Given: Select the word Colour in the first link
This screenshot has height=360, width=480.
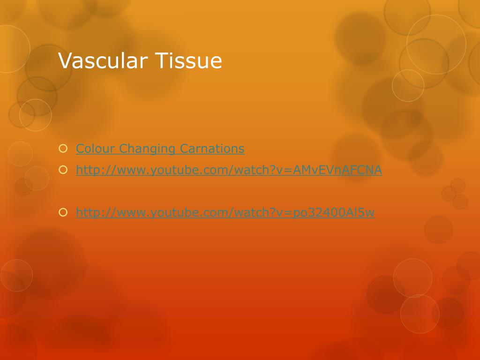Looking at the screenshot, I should pyautogui.click(x=96, y=149).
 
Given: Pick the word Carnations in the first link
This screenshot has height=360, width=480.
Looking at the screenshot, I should pyautogui.click(x=212, y=149).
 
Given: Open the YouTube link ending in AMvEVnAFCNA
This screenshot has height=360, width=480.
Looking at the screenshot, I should pyautogui.click(x=229, y=171).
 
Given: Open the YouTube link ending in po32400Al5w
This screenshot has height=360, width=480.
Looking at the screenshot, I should pyautogui.click(x=225, y=213).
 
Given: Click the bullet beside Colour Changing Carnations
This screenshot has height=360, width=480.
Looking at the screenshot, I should pyautogui.click(x=63, y=149).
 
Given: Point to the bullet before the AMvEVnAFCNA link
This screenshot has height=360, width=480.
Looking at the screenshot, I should pyautogui.click(x=63, y=171).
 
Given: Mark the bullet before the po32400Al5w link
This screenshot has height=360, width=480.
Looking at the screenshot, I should pyautogui.click(x=63, y=213).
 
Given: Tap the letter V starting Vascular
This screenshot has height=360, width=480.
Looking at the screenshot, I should pyautogui.click(x=64, y=61).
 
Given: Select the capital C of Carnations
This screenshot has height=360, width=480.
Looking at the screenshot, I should pyautogui.click(x=184, y=149).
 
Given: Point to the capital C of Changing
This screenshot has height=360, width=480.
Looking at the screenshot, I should pyautogui.click(x=123, y=149).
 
